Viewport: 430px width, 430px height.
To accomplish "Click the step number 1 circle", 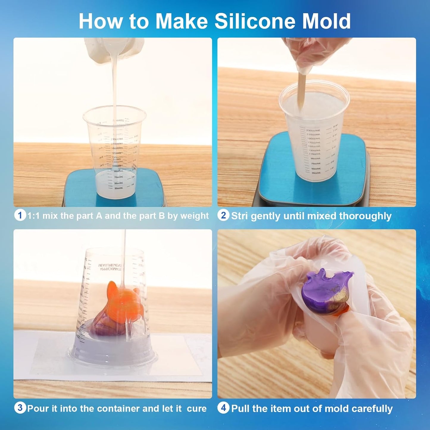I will click(20, 215).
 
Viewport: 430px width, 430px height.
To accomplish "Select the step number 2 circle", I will click(223, 215).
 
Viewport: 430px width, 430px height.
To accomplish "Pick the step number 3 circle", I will click(20, 408).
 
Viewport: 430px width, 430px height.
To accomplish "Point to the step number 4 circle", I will click(223, 408).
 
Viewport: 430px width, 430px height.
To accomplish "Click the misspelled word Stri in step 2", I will click(240, 216).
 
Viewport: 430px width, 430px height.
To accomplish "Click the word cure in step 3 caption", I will click(197, 409).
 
